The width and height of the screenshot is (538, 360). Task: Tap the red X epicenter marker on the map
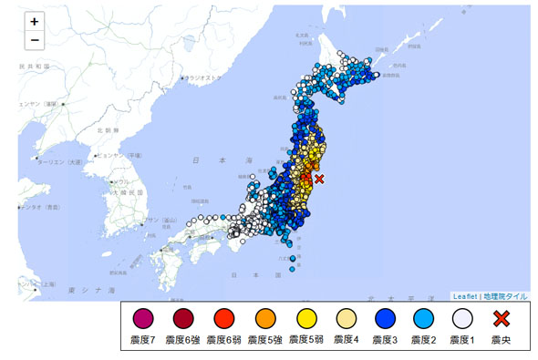318,180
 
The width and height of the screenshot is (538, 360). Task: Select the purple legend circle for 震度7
143,320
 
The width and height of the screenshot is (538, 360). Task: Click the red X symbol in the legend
501,320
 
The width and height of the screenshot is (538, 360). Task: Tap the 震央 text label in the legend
501,340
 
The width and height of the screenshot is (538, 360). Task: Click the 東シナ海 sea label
91,289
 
